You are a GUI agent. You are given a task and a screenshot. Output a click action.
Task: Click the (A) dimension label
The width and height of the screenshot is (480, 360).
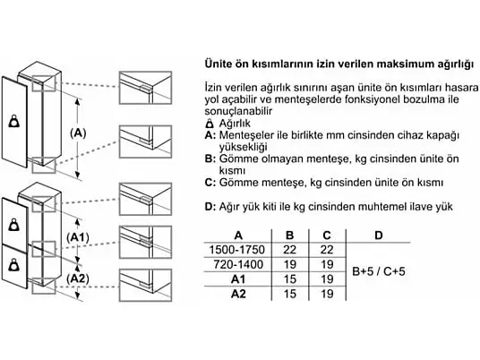[78, 133]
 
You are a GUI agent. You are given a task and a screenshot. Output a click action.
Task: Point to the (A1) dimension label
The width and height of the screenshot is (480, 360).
[78, 237]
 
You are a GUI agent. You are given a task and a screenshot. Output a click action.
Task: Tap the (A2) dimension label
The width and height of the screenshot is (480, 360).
[78, 279]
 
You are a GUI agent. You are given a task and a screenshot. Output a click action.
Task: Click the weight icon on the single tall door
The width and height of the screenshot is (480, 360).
[14, 121]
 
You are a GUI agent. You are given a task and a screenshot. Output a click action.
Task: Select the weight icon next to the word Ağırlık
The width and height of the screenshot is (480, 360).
[210, 124]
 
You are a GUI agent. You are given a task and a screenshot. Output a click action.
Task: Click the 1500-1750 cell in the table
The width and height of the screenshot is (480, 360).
[237, 250]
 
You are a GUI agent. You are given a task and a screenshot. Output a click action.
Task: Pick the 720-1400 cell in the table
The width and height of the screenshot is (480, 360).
[238, 264]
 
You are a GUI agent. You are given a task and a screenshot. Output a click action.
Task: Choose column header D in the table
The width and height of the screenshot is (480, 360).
[379, 236]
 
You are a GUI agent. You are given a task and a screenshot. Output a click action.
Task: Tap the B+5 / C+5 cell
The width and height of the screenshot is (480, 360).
[379, 271]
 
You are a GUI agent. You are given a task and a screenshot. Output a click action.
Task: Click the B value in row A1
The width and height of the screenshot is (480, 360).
[290, 279]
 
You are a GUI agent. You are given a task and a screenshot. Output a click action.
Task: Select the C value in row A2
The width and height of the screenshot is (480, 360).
[327, 294]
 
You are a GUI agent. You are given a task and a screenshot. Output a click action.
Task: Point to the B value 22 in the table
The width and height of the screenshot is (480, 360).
[290, 250]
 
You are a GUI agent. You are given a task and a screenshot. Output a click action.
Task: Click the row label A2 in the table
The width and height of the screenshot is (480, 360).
[238, 294]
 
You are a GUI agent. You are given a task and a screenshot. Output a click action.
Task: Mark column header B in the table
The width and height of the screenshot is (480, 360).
[289, 236]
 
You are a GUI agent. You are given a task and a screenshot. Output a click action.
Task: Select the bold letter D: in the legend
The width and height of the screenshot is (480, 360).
[210, 206]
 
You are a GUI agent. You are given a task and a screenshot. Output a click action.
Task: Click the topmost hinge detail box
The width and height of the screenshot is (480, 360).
[145, 88]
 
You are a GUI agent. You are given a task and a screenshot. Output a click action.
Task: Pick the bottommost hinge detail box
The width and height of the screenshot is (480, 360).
[145, 285]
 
